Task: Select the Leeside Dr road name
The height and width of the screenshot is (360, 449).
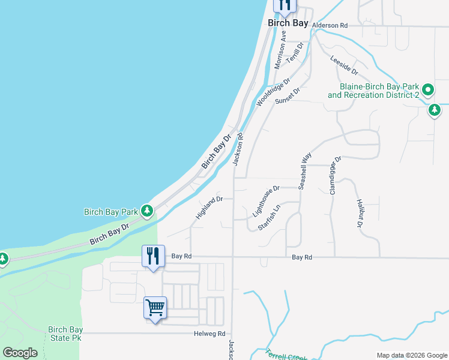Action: pyautogui.click(x=344, y=65)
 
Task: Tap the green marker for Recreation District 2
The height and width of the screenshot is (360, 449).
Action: pyautogui.click(x=427, y=90)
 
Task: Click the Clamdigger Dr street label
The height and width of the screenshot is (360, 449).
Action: pyautogui.click(x=335, y=175)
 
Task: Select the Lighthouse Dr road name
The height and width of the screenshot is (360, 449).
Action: pyautogui.click(x=267, y=200)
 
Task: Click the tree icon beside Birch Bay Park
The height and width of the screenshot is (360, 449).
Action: pyautogui.click(x=146, y=211)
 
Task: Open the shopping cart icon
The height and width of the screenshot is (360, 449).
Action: pyautogui.click(x=155, y=308)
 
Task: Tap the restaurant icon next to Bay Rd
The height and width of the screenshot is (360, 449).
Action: pyautogui.click(x=152, y=257)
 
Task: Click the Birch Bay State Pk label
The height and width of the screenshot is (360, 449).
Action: pyautogui.click(x=65, y=334)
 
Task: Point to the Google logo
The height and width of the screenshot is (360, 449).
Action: pyautogui.click(x=20, y=353)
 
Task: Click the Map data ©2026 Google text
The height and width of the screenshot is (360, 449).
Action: pyautogui.click(x=412, y=355)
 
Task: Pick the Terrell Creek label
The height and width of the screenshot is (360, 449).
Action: pyautogui.click(x=286, y=355)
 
